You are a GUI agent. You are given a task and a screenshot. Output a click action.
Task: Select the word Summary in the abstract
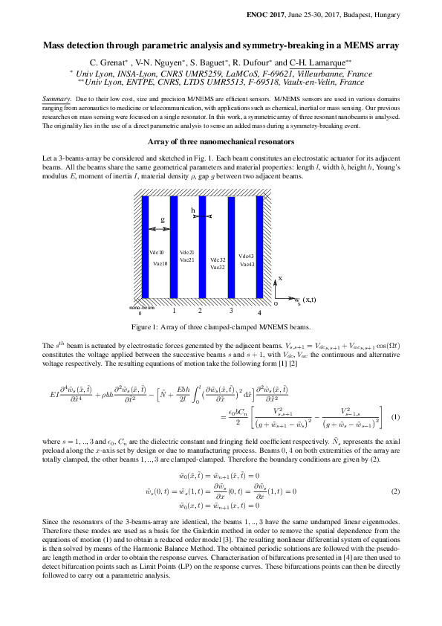56,99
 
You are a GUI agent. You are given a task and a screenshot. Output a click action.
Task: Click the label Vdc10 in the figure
157,253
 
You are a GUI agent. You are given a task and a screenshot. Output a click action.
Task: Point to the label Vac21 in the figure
187,259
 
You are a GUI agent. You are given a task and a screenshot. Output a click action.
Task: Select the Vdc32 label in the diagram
218,259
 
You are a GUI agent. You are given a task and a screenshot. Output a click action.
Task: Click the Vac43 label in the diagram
247,264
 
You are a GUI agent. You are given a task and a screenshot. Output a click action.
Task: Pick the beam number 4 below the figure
259,313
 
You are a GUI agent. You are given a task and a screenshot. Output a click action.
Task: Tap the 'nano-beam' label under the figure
140,307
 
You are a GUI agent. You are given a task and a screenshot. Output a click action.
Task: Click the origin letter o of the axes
276,303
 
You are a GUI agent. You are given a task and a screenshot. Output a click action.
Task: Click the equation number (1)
396,416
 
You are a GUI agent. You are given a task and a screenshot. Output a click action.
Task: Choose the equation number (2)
396,491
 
